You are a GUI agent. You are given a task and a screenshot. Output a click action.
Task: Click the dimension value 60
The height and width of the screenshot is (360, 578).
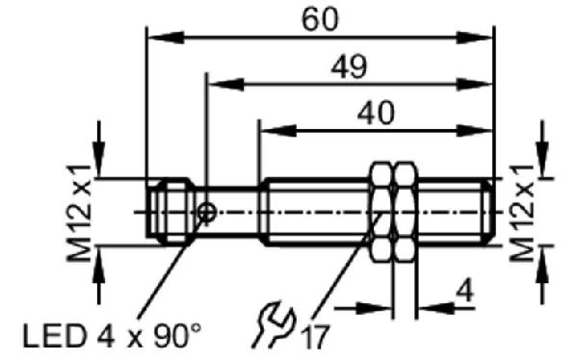(x=320, y=19)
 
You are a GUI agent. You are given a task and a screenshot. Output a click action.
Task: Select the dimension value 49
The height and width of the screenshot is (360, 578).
(x=349, y=67)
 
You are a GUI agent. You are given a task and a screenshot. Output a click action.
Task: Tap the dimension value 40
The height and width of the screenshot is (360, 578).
(x=376, y=114)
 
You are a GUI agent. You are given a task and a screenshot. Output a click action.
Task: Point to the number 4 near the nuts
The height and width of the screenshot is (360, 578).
(x=464, y=290)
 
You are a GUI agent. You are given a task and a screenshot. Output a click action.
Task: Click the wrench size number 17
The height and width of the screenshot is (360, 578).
(x=315, y=337)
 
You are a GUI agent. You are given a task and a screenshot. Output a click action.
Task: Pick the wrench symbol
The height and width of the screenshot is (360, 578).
(x=274, y=324)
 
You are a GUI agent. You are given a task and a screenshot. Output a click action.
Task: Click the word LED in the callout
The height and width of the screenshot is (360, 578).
(x=54, y=336)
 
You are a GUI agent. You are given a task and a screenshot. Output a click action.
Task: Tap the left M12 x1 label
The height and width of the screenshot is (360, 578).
(x=79, y=213)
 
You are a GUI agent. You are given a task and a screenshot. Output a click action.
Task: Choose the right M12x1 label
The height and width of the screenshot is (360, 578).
(x=521, y=213)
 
